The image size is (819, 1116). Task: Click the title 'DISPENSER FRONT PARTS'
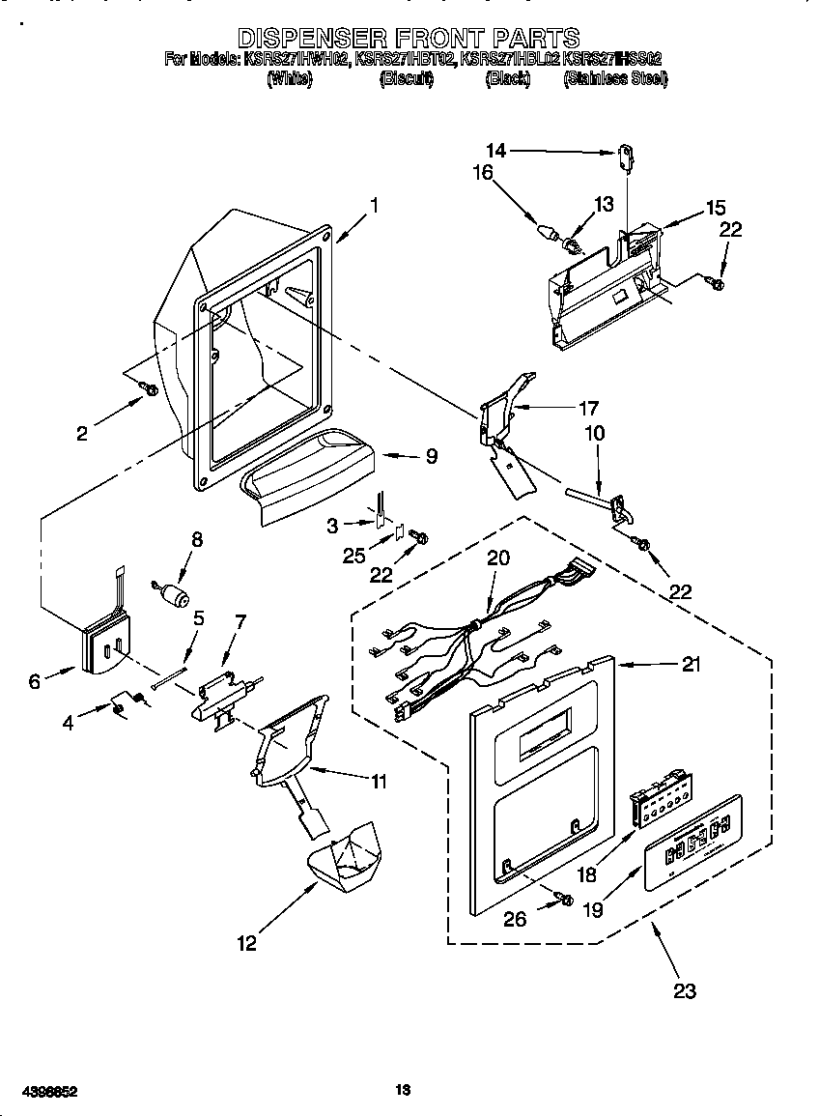click(x=409, y=39)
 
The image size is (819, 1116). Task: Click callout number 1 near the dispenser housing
click(x=374, y=205)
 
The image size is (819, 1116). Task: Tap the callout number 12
click(x=247, y=943)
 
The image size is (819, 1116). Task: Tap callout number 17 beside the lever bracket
click(x=587, y=408)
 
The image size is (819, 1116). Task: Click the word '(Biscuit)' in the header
click(x=407, y=79)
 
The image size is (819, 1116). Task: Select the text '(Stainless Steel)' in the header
click(x=615, y=79)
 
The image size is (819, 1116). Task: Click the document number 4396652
click(x=40, y=1091)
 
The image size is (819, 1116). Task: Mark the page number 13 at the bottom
click(x=404, y=1091)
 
